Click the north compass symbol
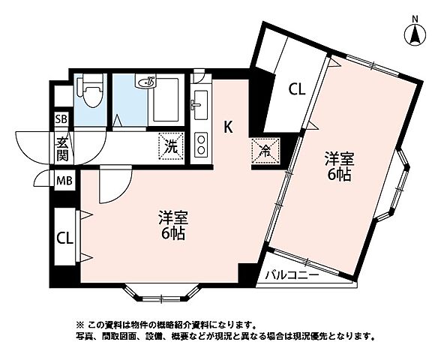click(413, 33)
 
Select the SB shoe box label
click(61, 118)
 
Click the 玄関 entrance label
click(61, 148)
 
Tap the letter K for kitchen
click(229, 127)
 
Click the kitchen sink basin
click(200, 104)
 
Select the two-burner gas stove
click(200, 145)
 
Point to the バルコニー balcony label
click(292, 276)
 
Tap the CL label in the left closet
click(64, 238)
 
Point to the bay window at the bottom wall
click(160, 294)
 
